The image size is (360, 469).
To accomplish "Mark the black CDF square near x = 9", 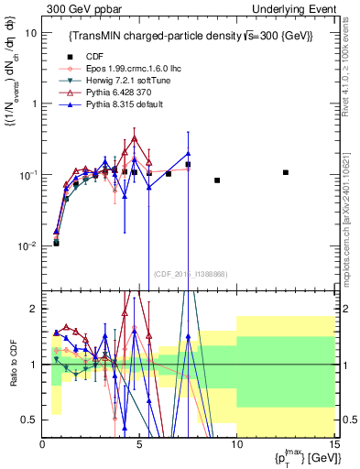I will tap(217, 180).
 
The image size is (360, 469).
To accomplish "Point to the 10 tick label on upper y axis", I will tap(30, 32).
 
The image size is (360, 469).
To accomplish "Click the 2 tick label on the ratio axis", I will tap(35, 309).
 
